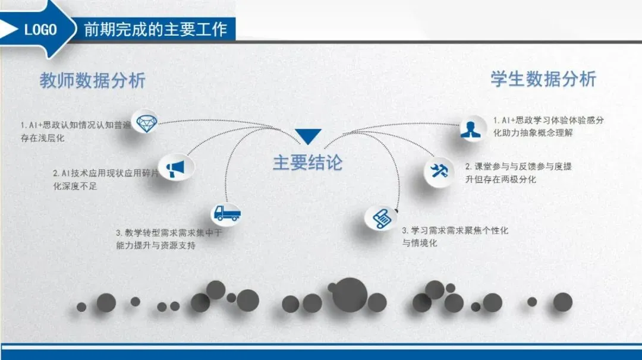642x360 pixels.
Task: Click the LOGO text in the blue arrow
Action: (x=40, y=29)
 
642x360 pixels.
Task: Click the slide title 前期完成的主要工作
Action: (x=156, y=29)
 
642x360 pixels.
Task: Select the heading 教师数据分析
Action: (x=93, y=80)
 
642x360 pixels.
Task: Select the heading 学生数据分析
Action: (x=543, y=79)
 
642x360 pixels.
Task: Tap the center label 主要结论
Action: (x=307, y=163)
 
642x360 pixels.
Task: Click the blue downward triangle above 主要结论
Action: (x=308, y=137)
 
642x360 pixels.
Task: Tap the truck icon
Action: (x=226, y=213)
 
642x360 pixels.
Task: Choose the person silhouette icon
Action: (x=474, y=129)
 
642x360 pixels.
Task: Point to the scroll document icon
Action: (x=381, y=217)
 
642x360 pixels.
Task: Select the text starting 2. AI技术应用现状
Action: (x=106, y=173)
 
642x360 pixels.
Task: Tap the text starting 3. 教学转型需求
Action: (x=169, y=233)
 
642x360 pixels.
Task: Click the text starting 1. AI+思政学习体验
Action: (x=549, y=121)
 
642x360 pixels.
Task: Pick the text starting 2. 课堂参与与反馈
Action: (x=518, y=167)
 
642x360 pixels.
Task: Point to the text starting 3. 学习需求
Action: (x=455, y=230)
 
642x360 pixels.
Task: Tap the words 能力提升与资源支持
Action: (x=156, y=245)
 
